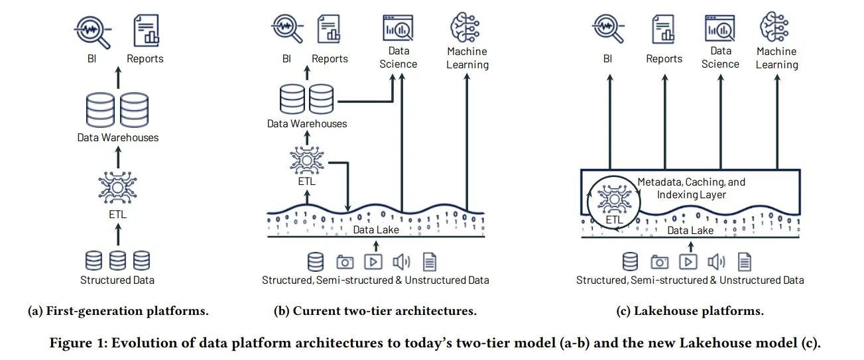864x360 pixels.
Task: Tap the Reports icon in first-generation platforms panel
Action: point(146,30)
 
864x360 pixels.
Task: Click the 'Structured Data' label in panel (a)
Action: point(117,280)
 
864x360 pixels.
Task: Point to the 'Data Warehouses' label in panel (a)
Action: point(117,137)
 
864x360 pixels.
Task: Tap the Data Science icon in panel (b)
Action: point(398,29)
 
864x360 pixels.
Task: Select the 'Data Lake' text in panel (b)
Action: point(375,229)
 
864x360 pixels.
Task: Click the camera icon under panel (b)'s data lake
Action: point(345,261)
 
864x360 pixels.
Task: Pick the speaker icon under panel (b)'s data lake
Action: point(401,261)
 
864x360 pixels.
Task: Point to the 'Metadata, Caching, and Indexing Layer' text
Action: point(691,188)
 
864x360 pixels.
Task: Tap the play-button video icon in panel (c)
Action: point(689,261)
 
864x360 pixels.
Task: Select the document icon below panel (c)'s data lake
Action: point(745,261)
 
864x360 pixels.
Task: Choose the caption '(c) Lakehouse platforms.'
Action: point(690,310)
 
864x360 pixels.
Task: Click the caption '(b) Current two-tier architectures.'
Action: point(375,310)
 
